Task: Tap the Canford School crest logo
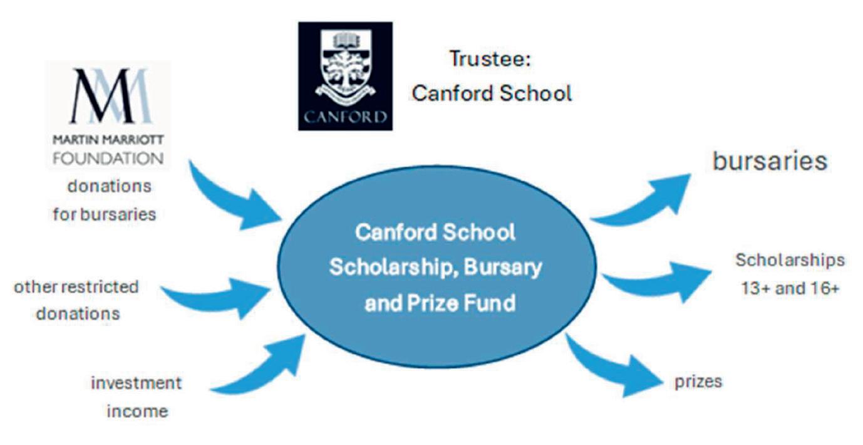pos(344,69)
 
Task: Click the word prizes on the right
pos(698,381)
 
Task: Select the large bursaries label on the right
pos(770,160)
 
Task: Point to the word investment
pos(136,383)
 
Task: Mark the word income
pos(137,411)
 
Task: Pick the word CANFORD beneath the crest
pos(344,117)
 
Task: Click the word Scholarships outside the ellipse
pos(789,260)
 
